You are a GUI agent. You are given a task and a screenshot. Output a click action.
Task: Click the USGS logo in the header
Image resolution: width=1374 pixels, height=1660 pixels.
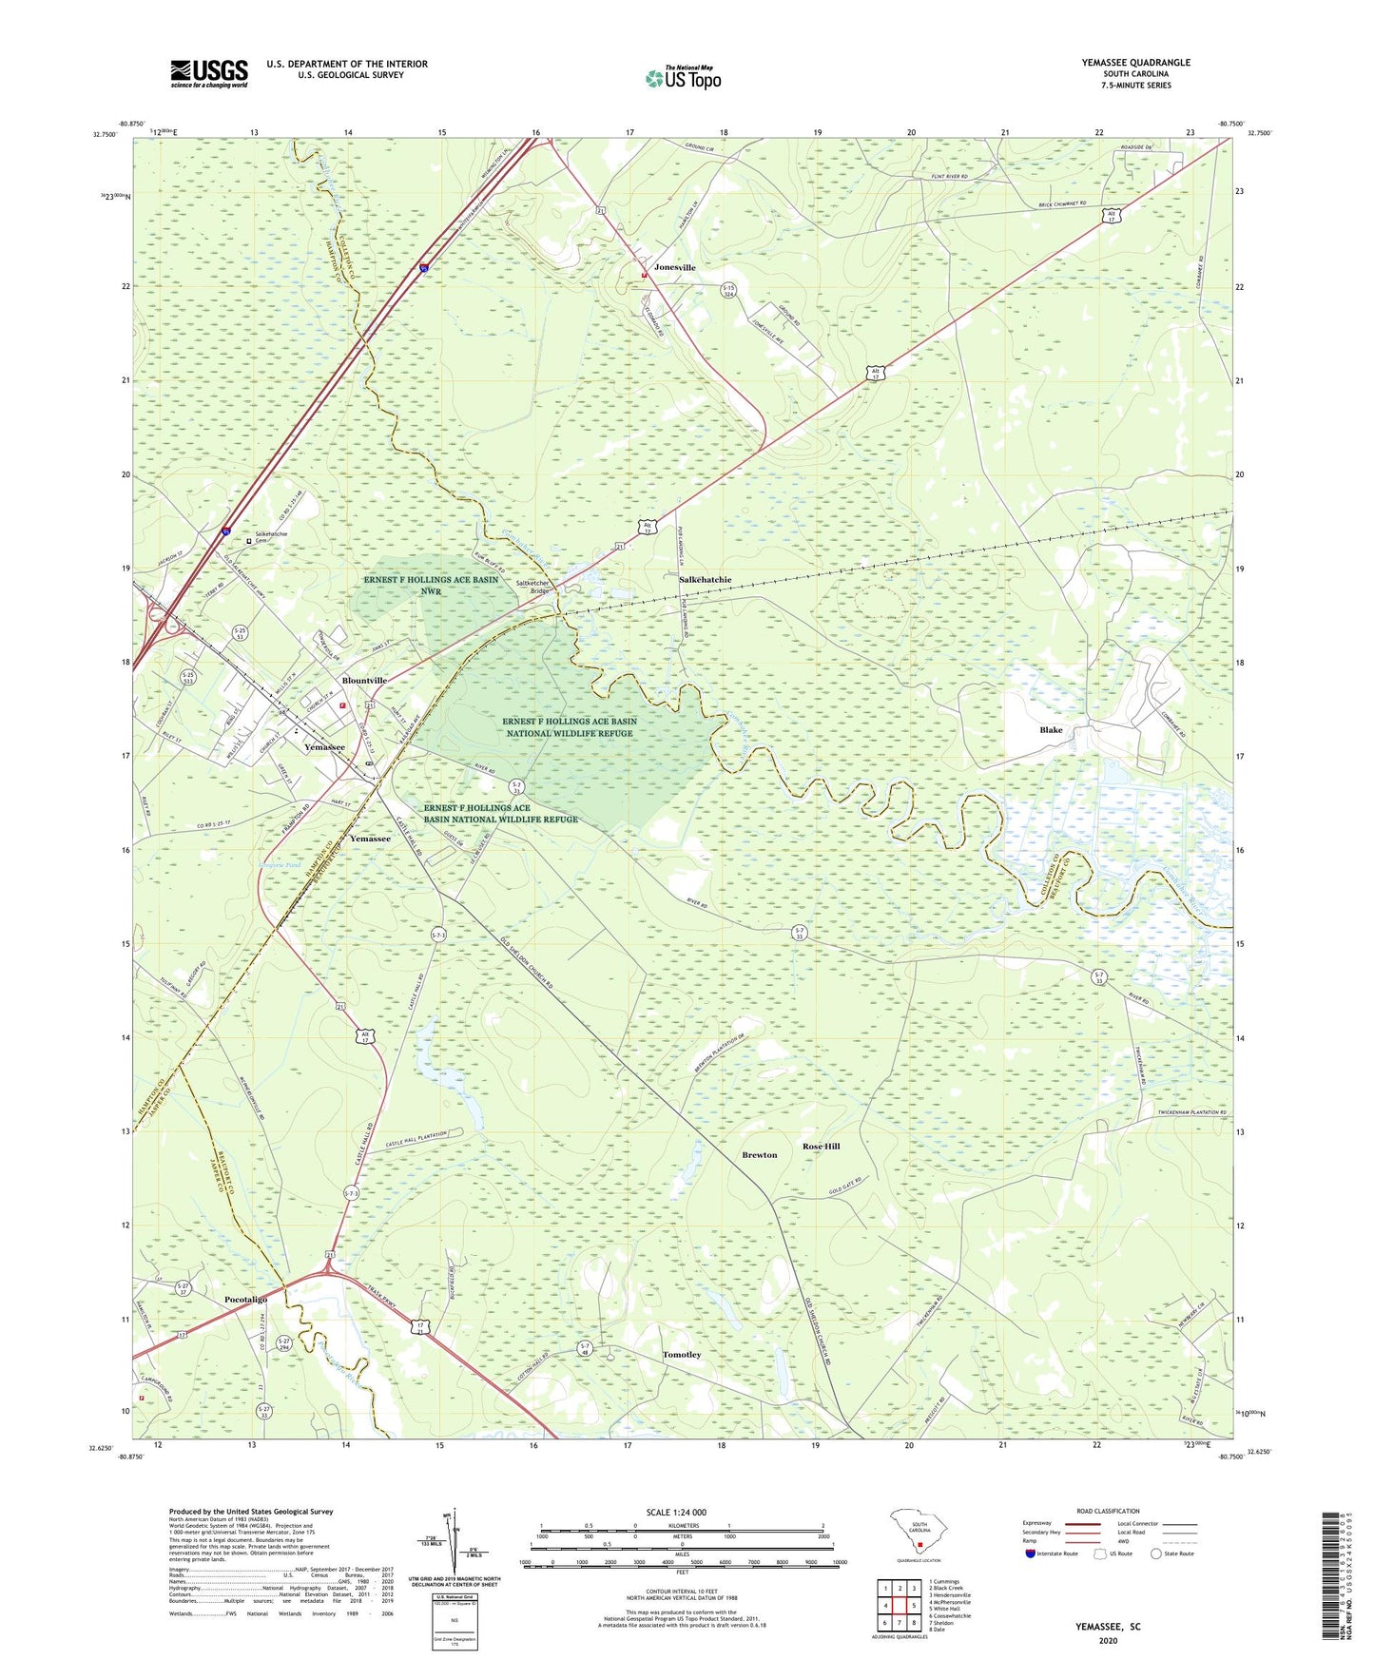point(209,73)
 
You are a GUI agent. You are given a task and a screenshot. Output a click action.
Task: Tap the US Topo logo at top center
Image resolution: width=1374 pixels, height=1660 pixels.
point(683,78)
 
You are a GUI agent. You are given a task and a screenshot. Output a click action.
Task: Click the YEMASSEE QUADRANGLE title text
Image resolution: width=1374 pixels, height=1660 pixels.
point(1135,63)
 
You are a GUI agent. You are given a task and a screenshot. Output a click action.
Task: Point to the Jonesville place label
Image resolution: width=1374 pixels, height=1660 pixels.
point(675,267)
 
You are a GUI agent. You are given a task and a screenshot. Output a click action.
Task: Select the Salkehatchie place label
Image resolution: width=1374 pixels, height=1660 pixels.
point(705,579)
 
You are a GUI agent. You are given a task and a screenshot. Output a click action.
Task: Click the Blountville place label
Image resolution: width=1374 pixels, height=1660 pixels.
point(364,681)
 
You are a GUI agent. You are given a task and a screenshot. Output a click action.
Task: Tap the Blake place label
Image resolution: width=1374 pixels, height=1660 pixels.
point(1051,730)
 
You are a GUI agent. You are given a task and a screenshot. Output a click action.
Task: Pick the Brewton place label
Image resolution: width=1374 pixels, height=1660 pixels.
point(759,1155)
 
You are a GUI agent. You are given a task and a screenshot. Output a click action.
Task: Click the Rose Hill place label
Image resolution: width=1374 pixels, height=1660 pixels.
point(822,1147)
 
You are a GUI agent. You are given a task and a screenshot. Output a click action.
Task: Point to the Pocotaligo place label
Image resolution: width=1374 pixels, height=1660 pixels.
point(245,1299)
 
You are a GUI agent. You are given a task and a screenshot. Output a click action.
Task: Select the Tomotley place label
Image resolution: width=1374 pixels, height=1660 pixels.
point(682,1355)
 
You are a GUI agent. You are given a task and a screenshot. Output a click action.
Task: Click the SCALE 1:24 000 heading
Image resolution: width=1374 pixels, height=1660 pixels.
point(676,1512)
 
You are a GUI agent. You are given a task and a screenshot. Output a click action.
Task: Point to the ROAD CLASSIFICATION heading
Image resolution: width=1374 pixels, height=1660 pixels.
point(1108,1511)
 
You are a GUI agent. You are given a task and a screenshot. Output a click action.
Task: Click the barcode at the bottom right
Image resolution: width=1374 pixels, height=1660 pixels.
point(1332,1580)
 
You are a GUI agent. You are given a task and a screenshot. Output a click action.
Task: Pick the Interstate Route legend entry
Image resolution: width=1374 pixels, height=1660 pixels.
point(1052,1553)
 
